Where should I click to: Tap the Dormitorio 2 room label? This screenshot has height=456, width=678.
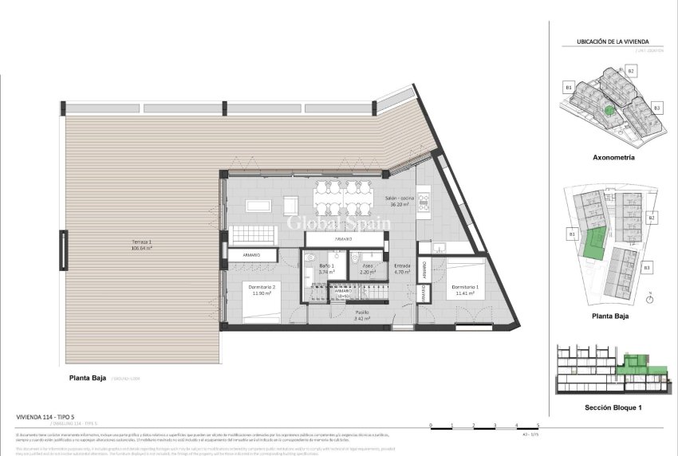[x=263, y=290]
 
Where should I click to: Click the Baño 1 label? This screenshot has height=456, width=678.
[x=325, y=269]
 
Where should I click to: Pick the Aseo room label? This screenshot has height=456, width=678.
[x=368, y=269]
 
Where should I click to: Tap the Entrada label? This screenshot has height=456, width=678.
[x=402, y=269]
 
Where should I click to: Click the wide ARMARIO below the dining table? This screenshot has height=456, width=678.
[x=344, y=238]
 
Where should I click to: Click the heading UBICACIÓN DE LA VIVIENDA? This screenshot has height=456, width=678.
[x=613, y=42]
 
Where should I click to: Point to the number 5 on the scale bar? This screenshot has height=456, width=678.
[x=538, y=425]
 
